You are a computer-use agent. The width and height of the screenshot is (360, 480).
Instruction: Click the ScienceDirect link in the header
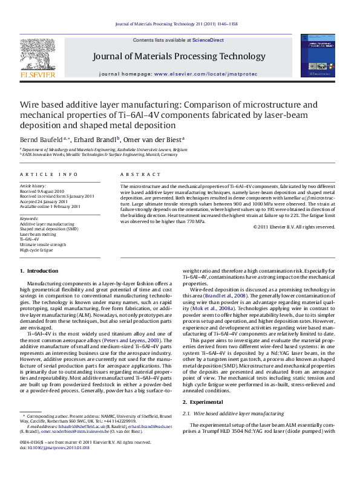[208, 40]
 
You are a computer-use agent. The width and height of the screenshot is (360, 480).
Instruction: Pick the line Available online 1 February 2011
[50, 206]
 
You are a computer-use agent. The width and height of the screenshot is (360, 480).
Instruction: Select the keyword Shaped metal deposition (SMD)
[49, 230]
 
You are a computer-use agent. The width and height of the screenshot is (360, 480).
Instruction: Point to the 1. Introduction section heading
[39, 271]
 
